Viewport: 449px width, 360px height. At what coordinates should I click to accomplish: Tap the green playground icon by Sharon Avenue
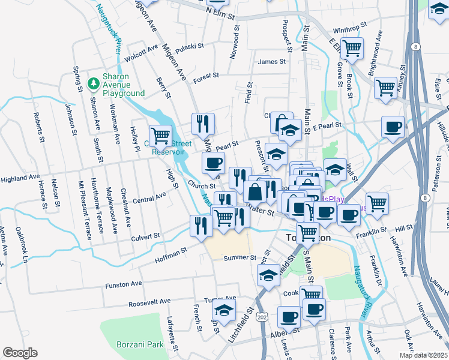pyautogui.click(x=93, y=83)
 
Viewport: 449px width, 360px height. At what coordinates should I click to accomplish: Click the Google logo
pyautogui.click(x=20, y=353)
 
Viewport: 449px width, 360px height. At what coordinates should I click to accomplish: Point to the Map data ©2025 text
pyautogui.click(x=423, y=355)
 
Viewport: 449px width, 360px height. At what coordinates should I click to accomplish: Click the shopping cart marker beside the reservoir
pyautogui.click(x=160, y=136)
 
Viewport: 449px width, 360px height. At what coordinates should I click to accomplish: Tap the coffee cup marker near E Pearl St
pyautogui.click(x=393, y=127)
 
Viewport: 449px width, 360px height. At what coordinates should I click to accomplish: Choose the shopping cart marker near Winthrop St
pyautogui.click(x=352, y=46)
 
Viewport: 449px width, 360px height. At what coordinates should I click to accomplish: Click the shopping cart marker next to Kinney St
pyautogui.click(x=385, y=86)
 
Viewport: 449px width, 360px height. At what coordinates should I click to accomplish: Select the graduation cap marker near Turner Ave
pyautogui.click(x=224, y=310)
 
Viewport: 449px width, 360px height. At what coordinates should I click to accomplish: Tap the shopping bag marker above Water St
pyautogui.click(x=255, y=192)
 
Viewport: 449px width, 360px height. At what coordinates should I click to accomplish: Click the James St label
pyautogui.click(x=271, y=61)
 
